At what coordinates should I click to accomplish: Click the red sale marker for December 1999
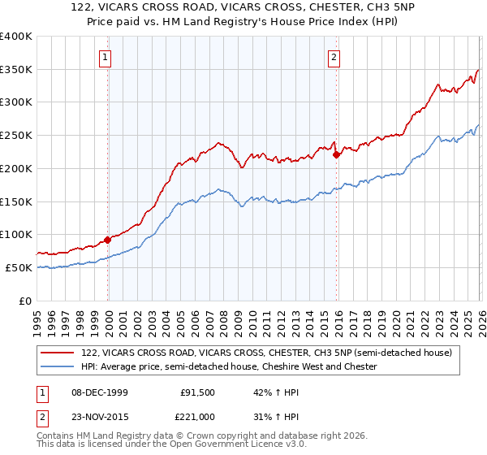pyautogui.click(x=108, y=240)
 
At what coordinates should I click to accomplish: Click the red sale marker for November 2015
pyautogui.click(x=336, y=154)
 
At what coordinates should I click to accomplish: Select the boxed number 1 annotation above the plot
pyautogui.click(x=106, y=57)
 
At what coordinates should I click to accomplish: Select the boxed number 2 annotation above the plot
pyautogui.click(x=334, y=57)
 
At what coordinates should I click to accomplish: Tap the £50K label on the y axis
pyautogui.click(x=19, y=267)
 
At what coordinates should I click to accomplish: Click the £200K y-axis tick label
pyautogui.click(x=16, y=169)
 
